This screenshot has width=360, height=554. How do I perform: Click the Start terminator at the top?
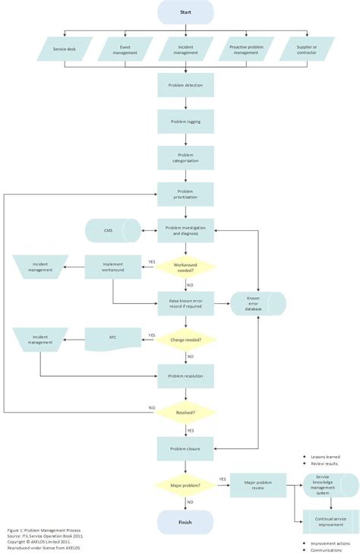coord(185,12)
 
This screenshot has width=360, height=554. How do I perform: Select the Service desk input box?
coord(65,50)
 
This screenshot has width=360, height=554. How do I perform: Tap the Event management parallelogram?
coord(125,50)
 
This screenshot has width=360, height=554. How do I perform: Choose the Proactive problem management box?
coord(246,50)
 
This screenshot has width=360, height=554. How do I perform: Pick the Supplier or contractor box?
coord(306,50)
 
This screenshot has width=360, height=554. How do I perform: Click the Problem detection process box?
coord(185,85)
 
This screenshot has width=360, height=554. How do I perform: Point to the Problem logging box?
coord(185,122)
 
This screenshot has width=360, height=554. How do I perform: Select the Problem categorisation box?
coord(185,157)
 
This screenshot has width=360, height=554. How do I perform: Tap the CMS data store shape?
coord(112,230)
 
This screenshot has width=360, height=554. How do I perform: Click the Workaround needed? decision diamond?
coord(185,267)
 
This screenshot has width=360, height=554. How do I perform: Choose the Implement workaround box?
coord(113,267)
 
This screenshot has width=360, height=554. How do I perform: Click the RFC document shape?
coord(112,339)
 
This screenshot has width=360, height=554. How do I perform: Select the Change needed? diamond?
coord(185,339)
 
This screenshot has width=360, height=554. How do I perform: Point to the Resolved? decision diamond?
coord(185,412)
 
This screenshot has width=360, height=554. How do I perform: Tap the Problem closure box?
coord(185,448)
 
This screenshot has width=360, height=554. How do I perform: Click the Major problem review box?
coord(257,485)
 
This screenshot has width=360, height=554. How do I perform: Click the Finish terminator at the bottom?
coord(185,521)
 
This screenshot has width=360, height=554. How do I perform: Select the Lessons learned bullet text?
coord(324,456)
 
